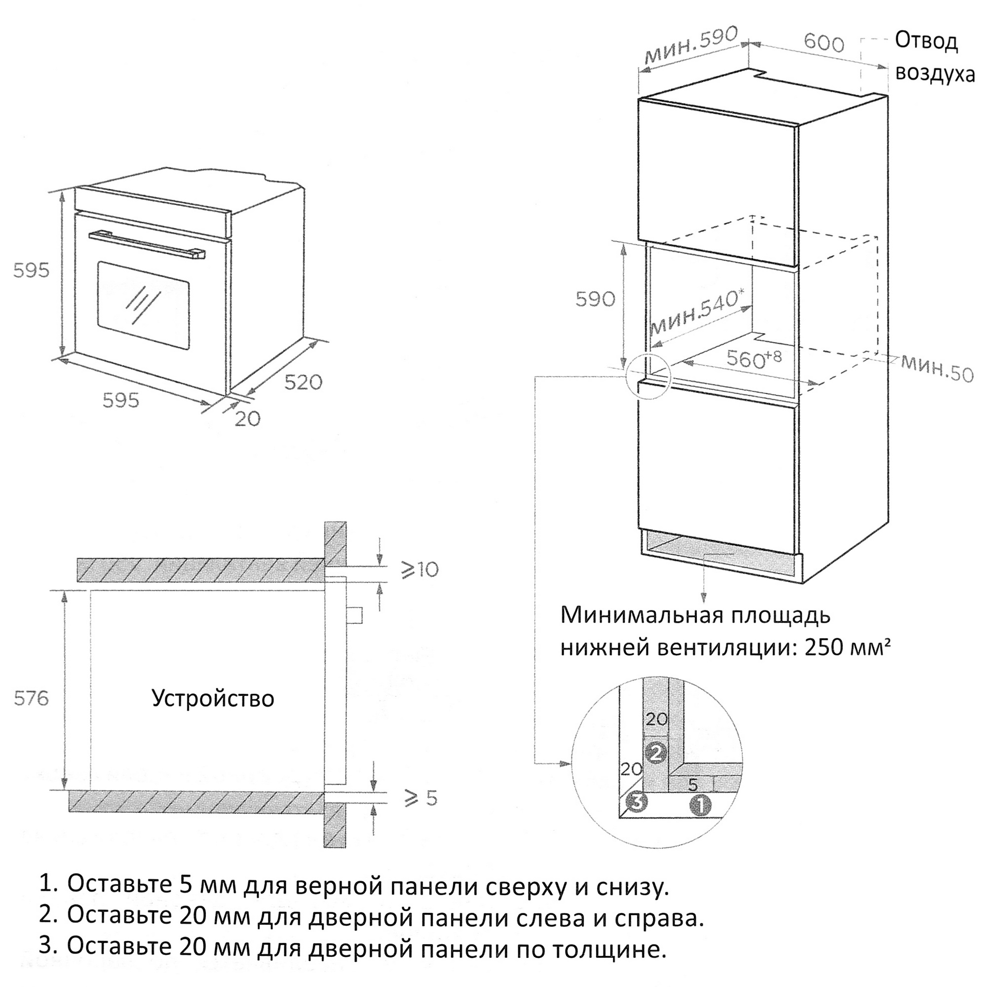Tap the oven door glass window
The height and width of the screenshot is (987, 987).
coord(144,306)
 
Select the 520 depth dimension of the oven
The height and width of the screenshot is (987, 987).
coord(304,381)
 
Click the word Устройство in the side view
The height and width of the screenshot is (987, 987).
coord(213,698)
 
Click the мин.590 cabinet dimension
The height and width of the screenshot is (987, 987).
coord(691,46)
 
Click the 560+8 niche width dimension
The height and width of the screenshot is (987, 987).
coord(754,358)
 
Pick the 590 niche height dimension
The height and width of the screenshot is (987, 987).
coord(595,299)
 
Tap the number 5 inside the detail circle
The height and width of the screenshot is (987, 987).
coord(693,784)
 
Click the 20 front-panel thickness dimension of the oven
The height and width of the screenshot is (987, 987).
coord(248,419)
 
